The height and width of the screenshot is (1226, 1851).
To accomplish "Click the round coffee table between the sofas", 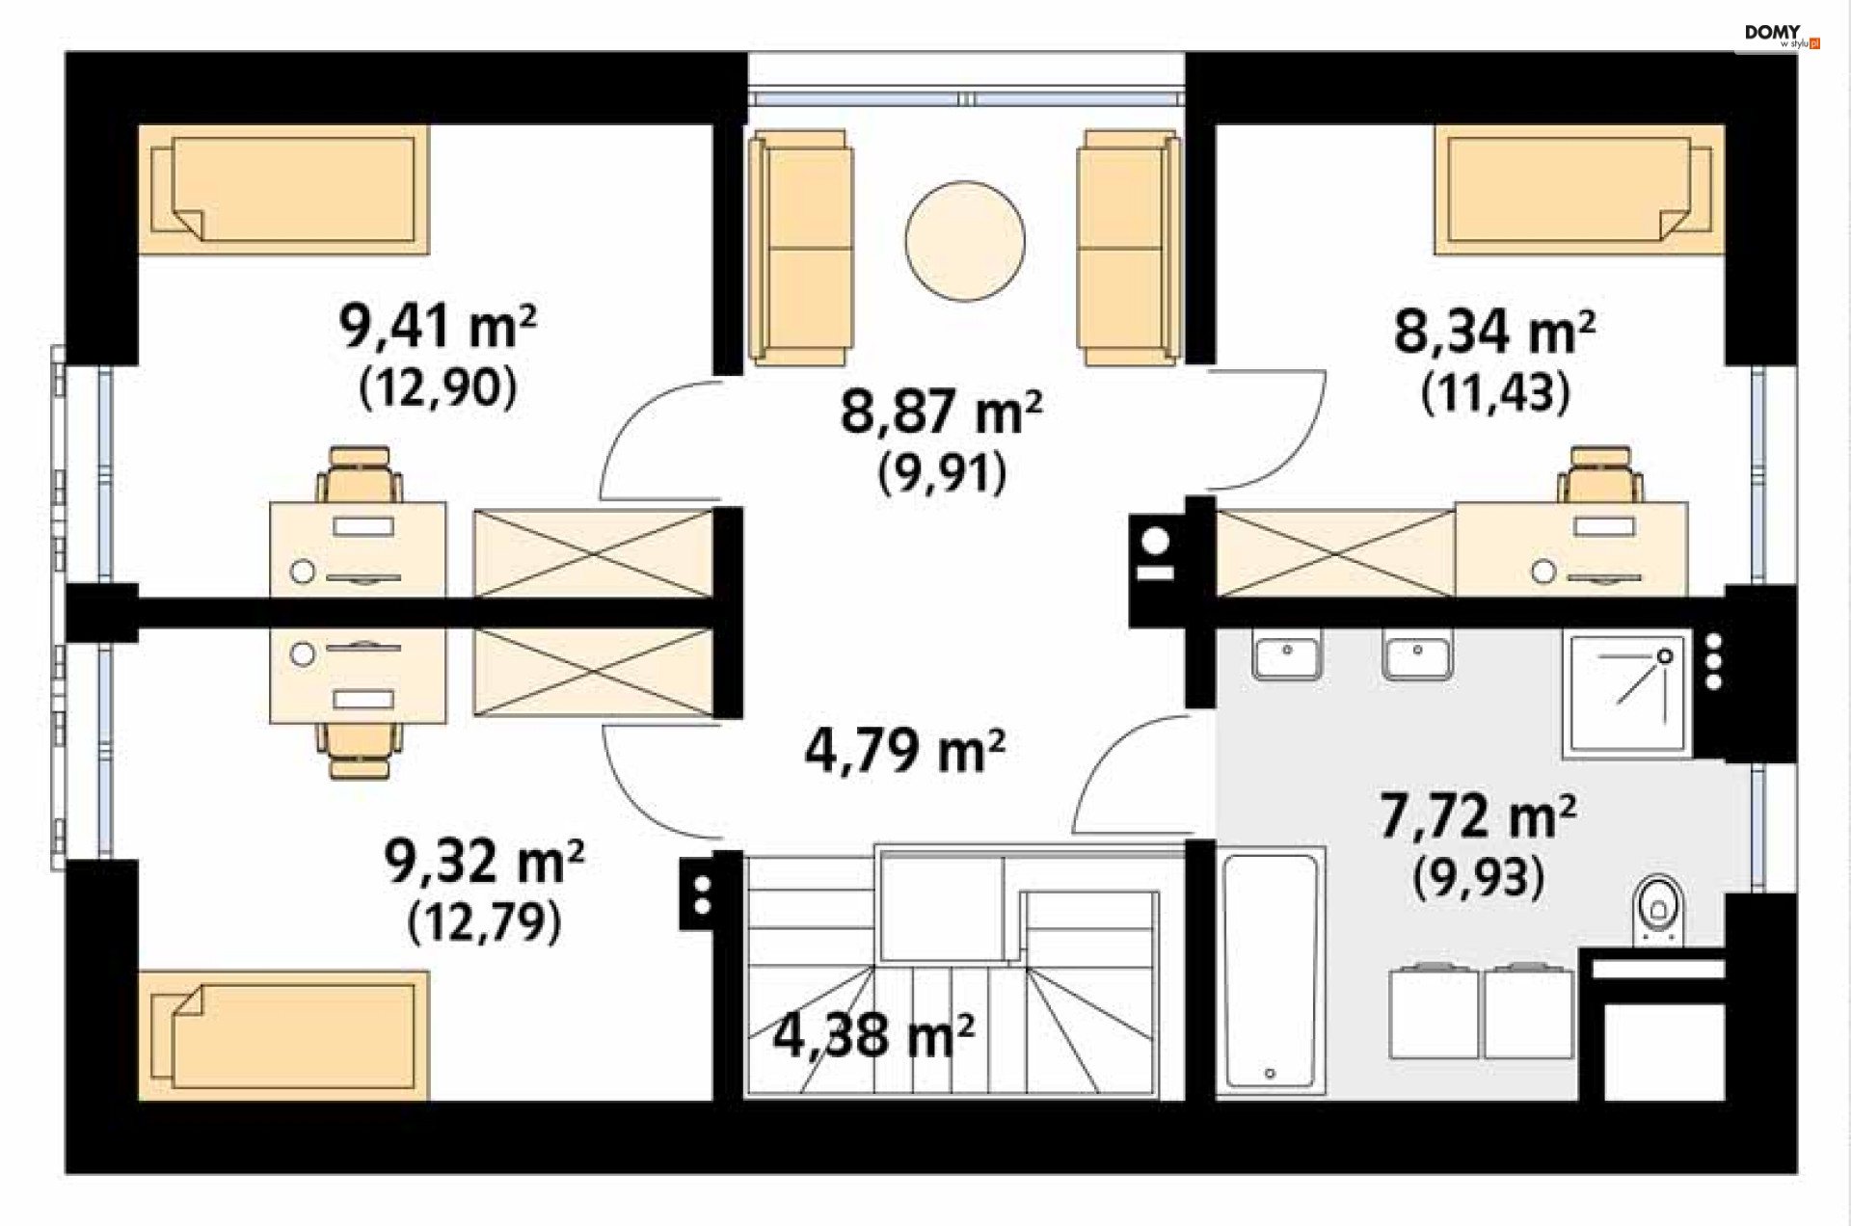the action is [964, 241].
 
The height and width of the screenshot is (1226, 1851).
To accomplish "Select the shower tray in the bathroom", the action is [1626, 693].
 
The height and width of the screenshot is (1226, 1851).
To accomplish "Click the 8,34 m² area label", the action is [1494, 332].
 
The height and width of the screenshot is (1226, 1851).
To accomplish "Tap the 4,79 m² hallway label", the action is [905, 751].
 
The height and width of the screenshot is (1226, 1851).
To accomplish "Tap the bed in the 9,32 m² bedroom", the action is [283, 1036].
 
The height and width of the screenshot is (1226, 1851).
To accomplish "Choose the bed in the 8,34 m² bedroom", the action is [1579, 189].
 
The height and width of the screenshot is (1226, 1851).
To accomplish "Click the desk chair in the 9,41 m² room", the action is [360, 474].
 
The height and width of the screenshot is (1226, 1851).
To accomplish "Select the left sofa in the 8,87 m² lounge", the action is [800, 248].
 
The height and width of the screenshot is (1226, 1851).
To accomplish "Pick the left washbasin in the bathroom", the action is [1287, 655].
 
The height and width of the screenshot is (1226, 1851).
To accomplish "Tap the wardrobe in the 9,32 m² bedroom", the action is [593, 673].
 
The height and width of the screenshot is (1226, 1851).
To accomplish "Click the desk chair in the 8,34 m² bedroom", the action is [1600, 474].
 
